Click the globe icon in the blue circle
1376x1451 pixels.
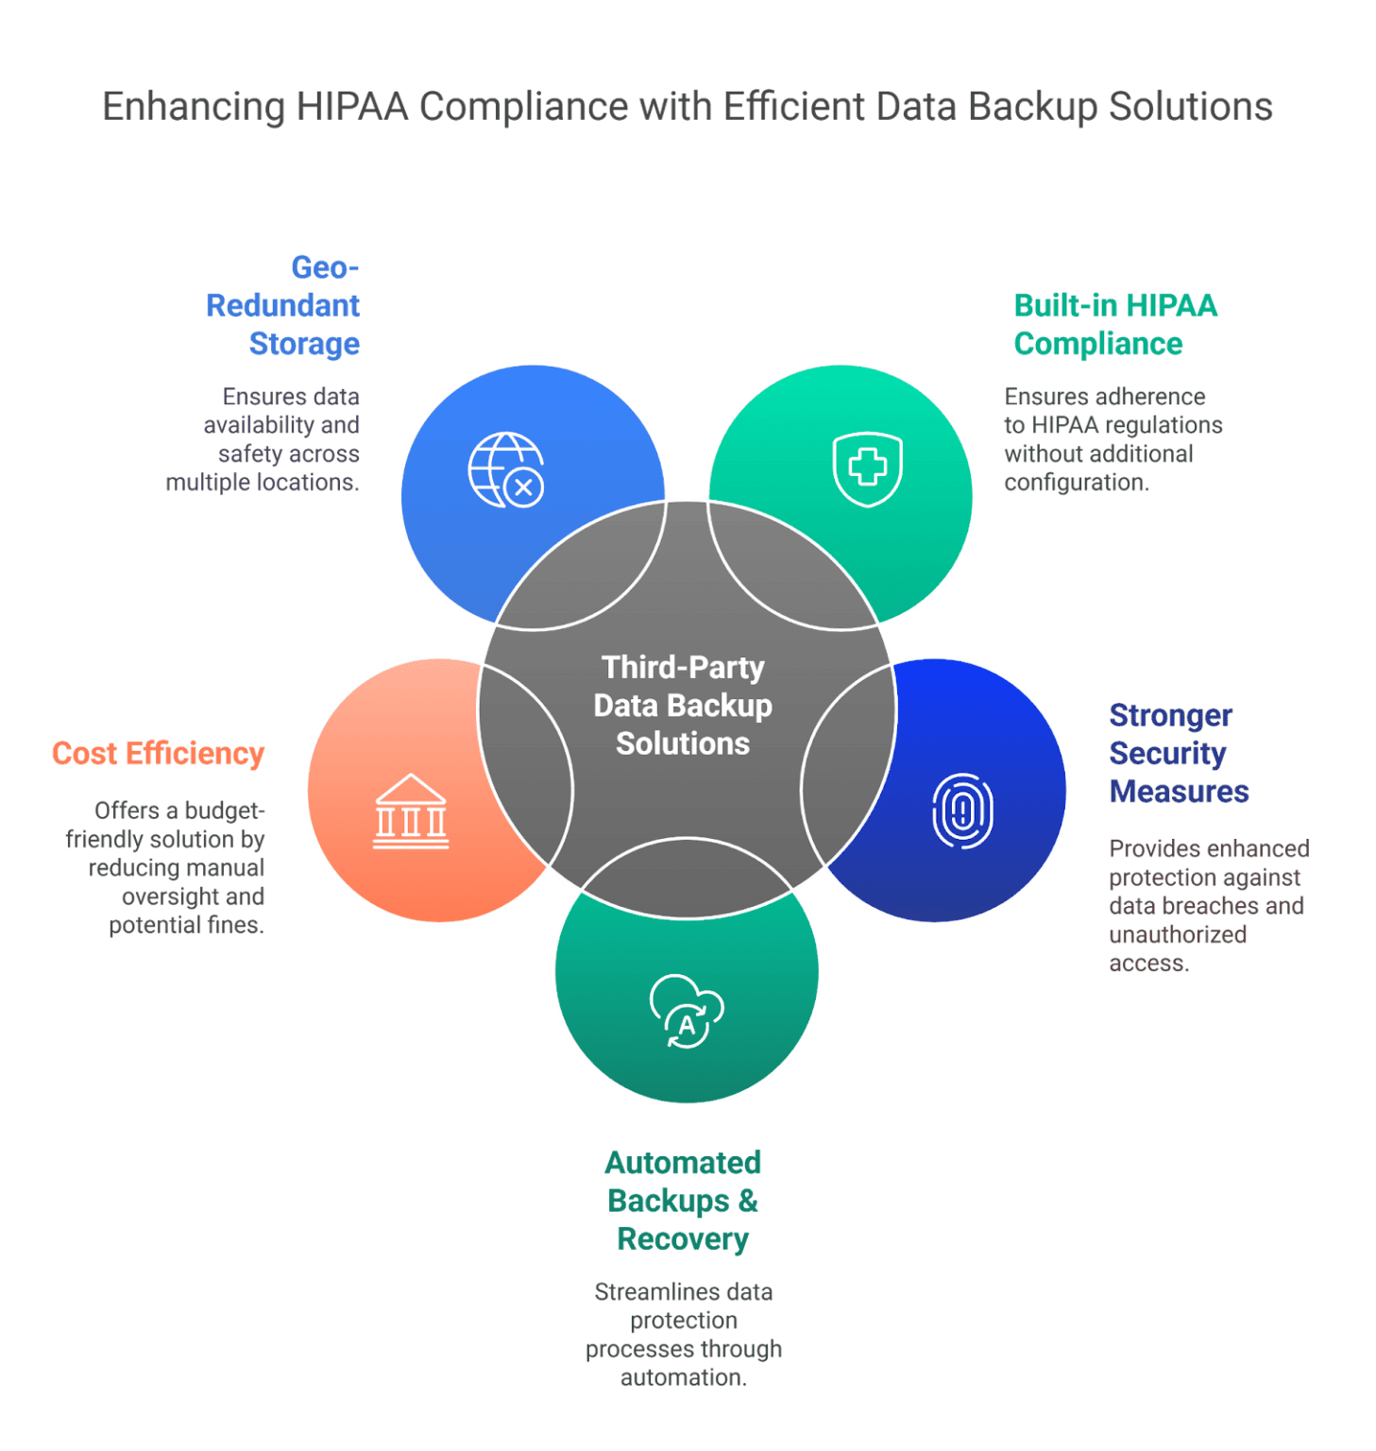(x=506, y=469)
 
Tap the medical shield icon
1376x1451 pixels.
(x=867, y=469)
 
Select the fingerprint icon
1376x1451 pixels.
(x=962, y=811)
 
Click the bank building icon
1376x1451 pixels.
(x=411, y=811)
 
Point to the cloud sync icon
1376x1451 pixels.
(x=687, y=1011)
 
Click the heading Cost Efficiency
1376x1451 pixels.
(x=159, y=754)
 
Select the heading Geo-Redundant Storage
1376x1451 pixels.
(x=283, y=306)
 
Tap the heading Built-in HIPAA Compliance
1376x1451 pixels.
(x=1114, y=325)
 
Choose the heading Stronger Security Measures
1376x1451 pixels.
(x=1178, y=753)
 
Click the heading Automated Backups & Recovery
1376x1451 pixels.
(x=683, y=1201)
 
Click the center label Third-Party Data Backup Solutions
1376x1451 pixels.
(x=683, y=706)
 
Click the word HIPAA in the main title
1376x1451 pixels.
(x=352, y=107)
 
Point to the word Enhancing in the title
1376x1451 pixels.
(x=194, y=107)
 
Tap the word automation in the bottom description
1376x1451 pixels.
(x=682, y=1377)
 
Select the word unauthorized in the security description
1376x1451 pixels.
(x=1177, y=934)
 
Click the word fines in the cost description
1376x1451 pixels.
(x=235, y=925)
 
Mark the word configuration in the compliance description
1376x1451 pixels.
(x=1076, y=483)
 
